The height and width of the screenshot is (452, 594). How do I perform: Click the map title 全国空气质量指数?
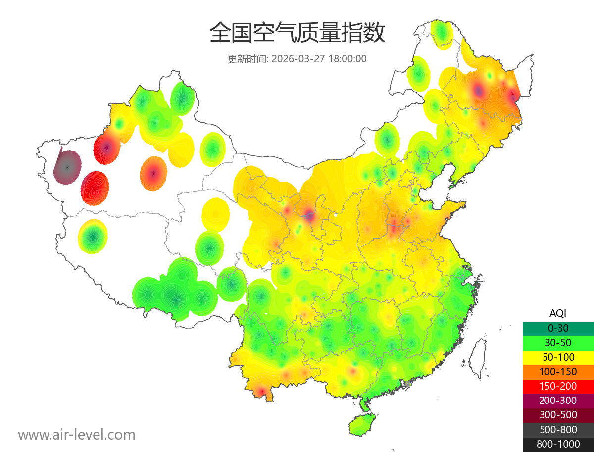[x=297, y=33]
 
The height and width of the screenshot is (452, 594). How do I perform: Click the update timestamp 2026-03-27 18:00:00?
[x=319, y=59]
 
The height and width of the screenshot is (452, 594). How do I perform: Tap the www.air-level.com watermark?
[x=77, y=435]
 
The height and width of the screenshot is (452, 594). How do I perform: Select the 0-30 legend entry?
[x=558, y=328]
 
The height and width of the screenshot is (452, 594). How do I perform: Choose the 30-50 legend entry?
[x=558, y=343]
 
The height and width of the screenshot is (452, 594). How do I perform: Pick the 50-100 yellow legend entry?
[x=558, y=357]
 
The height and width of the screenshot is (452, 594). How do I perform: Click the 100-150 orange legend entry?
[x=558, y=371]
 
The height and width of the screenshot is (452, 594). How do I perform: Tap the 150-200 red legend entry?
[x=558, y=386]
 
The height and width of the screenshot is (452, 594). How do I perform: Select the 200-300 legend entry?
[x=558, y=401]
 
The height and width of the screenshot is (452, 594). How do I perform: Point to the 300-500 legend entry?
[x=558, y=415]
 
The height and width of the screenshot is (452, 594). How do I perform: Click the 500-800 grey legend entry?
[x=558, y=429]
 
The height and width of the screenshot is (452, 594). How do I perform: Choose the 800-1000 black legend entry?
[x=558, y=444]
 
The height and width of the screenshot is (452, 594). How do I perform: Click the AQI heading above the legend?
[x=558, y=313]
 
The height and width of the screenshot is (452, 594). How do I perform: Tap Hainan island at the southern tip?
[x=362, y=425]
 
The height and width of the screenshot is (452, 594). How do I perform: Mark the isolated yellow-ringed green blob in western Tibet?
[x=93, y=237]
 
